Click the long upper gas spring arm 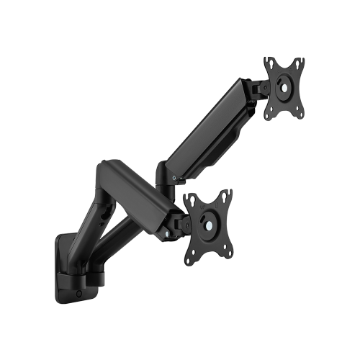[209, 130]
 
